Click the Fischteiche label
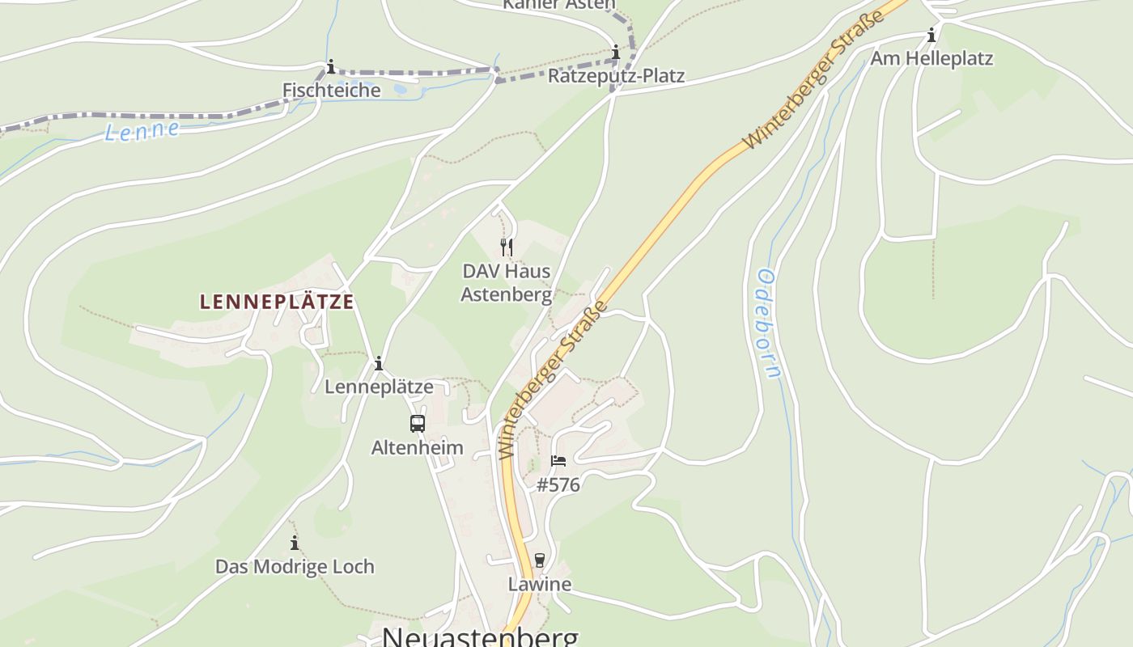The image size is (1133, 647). coord(331,90)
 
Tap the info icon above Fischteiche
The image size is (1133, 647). coord(330,66)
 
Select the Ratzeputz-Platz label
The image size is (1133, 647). coord(616,76)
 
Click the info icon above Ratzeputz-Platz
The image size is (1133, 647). coord(616,53)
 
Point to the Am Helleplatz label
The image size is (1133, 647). coord(931,58)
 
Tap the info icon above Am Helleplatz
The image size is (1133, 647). coord(931,35)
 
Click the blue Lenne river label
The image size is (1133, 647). coord(142,130)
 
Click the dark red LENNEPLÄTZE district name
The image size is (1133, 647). coord(277,302)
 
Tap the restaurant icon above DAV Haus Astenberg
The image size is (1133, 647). coord(507,247)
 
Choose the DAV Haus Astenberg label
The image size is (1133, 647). coord(507,282)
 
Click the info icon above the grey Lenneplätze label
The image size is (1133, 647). coord(378,363)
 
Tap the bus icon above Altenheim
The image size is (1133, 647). coord(418,423)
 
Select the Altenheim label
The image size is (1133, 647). coord(418,447)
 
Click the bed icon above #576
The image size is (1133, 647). coord(558,461)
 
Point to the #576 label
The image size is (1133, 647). coord(558,484)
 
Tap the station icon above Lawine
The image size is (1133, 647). coord(540,560)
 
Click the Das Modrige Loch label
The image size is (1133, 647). coord(295,566)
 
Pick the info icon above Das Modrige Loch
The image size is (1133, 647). coord(295,543)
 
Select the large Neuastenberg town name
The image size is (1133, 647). coord(481,636)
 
